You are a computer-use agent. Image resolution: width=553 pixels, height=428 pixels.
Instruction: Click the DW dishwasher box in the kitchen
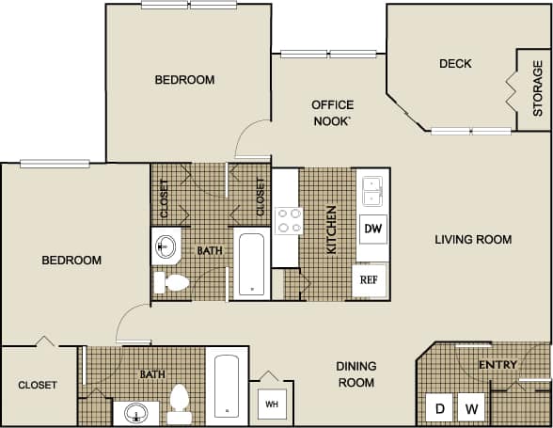tap(372, 229)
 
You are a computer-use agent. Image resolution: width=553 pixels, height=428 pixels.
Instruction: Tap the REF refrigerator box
tap(370, 279)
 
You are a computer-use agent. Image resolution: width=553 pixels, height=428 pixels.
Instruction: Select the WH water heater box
tap(272, 404)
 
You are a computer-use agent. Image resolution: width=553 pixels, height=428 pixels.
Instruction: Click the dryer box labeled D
tap(439, 409)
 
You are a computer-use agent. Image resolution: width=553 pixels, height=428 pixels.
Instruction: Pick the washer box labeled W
tap(474, 409)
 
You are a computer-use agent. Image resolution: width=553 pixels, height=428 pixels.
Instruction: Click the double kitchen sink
tap(372, 191)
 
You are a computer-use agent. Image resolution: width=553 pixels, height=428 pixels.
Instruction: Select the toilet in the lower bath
tap(180, 403)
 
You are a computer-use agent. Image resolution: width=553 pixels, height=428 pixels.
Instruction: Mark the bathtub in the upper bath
tap(250, 264)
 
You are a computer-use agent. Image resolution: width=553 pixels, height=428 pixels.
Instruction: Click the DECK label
tap(455, 64)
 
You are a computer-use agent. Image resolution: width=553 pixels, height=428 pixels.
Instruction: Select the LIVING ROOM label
tap(473, 240)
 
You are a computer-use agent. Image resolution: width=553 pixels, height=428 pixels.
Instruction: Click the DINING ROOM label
tap(356, 374)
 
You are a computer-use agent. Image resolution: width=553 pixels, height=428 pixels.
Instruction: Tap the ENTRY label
tap(498, 364)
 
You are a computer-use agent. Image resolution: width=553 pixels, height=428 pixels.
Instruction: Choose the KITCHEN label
tap(331, 230)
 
